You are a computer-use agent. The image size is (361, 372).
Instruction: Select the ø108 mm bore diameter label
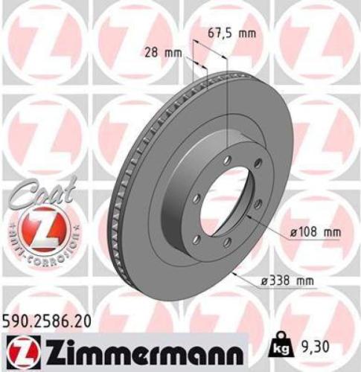tap(316, 232)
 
